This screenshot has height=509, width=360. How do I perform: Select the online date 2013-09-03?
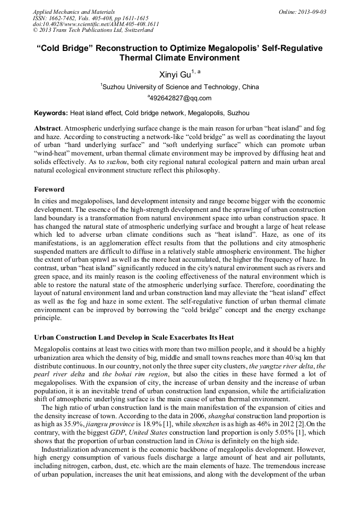pos(310,12)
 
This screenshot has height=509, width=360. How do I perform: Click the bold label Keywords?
pos(51,113)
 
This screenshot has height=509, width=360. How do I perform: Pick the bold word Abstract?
pos(48,128)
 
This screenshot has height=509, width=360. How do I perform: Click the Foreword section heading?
pos(49,189)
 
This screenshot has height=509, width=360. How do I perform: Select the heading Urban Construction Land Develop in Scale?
pos(134,338)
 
